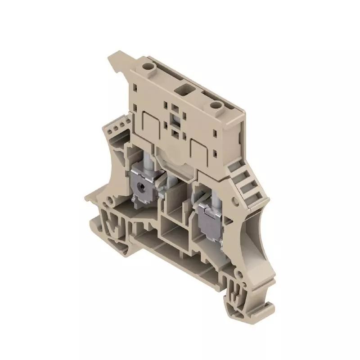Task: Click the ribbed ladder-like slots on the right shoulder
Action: [x=244, y=182]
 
